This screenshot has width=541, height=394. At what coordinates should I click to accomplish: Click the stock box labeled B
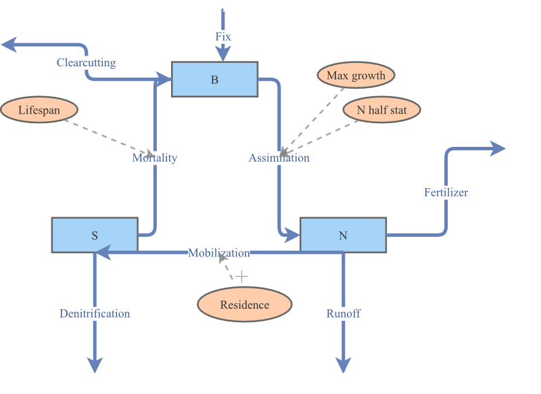pyautogui.click(x=214, y=79)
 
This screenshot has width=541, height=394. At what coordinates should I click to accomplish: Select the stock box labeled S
pyautogui.click(x=95, y=235)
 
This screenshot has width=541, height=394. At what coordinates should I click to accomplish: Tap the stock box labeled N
pyautogui.click(x=343, y=235)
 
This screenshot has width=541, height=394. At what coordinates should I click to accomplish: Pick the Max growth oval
pyautogui.click(x=356, y=75)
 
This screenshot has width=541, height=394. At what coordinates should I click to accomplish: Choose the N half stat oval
pyautogui.click(x=381, y=110)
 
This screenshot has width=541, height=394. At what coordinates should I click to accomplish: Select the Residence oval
pyautogui.click(x=245, y=305)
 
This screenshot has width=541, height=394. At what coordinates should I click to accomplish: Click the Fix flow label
pyautogui.click(x=223, y=37)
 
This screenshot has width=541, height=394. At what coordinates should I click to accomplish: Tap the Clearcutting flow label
pyautogui.click(x=86, y=63)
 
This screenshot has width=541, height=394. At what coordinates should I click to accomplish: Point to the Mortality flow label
pyautogui.click(x=154, y=158)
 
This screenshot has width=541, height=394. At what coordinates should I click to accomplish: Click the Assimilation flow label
pyautogui.click(x=279, y=158)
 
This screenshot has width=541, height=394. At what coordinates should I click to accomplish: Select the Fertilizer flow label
pyautogui.click(x=446, y=192)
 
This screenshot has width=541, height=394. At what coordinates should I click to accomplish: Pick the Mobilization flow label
pyautogui.click(x=218, y=253)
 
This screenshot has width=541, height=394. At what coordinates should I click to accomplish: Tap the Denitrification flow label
pyautogui.click(x=95, y=313)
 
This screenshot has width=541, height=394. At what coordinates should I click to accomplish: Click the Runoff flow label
pyautogui.click(x=344, y=313)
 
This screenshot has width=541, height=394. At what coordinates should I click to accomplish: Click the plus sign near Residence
pyautogui.click(x=241, y=276)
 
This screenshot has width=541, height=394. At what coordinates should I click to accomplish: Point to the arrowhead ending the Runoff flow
pyautogui.click(x=344, y=366)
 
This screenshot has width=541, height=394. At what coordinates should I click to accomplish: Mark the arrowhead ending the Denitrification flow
pyautogui.click(x=95, y=366)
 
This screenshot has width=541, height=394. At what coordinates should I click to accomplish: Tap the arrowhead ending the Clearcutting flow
pyautogui.click(x=9, y=45)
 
